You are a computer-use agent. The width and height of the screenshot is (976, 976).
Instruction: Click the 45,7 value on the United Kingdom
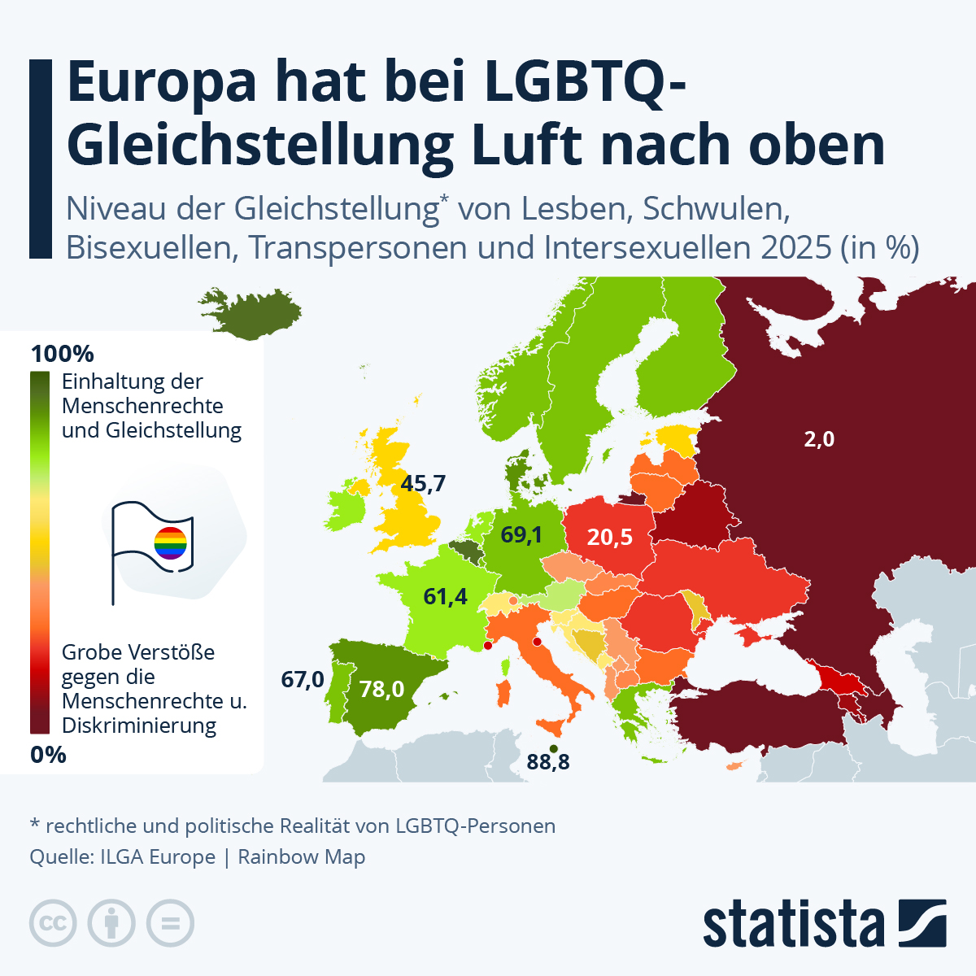(x=423, y=484)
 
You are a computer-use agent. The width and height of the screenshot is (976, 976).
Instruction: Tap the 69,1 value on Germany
(x=521, y=534)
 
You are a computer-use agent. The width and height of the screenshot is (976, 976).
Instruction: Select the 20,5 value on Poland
(x=610, y=537)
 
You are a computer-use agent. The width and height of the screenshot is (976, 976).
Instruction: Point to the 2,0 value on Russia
(x=819, y=439)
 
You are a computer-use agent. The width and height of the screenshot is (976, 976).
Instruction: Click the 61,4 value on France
(x=446, y=596)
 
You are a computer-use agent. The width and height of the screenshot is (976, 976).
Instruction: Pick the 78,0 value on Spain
(x=382, y=690)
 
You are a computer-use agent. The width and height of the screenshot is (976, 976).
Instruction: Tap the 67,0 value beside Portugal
(x=303, y=679)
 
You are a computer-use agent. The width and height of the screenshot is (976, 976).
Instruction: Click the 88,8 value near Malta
(x=548, y=762)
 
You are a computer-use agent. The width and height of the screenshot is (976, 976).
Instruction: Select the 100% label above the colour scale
(x=62, y=354)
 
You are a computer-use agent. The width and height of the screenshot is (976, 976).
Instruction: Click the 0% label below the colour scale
(x=48, y=755)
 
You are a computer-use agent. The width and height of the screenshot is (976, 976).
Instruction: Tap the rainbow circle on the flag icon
(x=171, y=542)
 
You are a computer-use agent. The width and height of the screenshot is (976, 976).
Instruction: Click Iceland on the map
(x=252, y=313)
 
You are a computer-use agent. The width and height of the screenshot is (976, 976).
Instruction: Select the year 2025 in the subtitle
(x=796, y=246)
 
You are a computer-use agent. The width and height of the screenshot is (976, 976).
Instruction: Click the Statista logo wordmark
(x=793, y=924)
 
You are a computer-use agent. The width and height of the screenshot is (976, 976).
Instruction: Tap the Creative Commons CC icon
(x=53, y=924)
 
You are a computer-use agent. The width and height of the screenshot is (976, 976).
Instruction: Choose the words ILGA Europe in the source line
(x=158, y=857)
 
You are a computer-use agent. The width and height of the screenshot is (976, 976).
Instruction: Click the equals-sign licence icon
(x=171, y=924)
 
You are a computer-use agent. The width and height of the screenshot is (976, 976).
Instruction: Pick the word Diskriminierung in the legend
(x=139, y=725)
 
